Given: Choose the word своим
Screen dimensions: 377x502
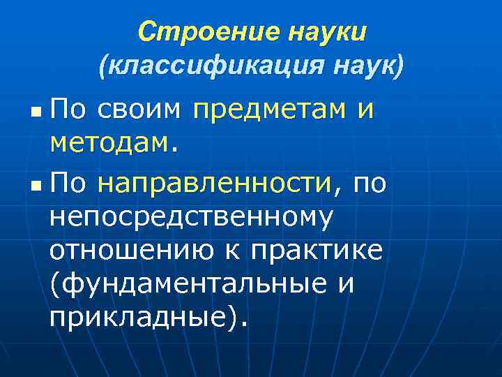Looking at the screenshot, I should click(x=139, y=108).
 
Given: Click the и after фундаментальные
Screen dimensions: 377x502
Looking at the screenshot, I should click(x=346, y=286).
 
